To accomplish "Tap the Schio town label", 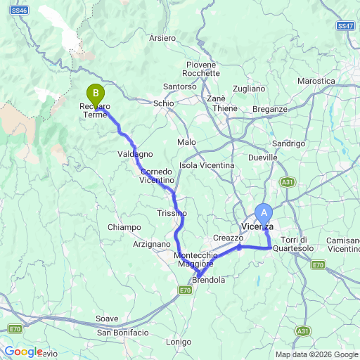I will tap(164, 103).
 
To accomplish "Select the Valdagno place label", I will tap(134, 153).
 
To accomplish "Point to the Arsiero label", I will tap(162, 38).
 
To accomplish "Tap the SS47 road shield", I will tap(345, 26).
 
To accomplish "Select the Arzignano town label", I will tap(151, 243).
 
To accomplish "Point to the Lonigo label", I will tap(179, 342).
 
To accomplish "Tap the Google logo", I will tap(23, 352).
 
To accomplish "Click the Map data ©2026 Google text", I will tap(316, 354).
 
